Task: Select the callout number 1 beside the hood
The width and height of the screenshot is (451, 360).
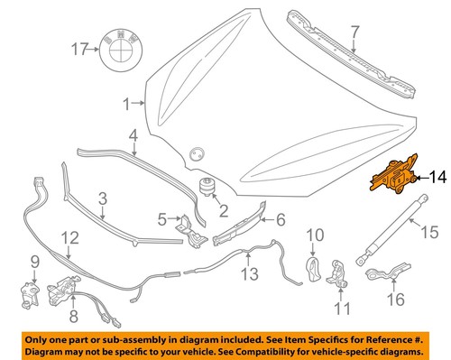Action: tap(127, 103)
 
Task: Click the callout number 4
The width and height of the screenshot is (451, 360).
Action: tap(133, 137)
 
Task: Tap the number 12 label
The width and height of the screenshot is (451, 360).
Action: tap(69, 238)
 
